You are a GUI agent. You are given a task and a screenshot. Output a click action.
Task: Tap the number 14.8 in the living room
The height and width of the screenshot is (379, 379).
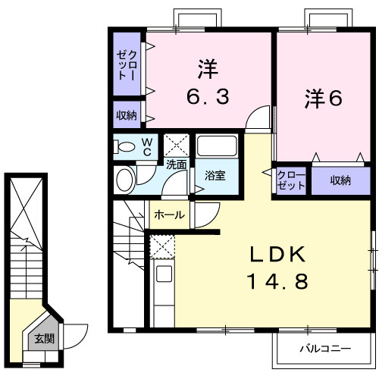click(x=277, y=282)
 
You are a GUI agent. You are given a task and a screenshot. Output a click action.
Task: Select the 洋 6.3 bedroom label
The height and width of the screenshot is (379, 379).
click(x=207, y=83)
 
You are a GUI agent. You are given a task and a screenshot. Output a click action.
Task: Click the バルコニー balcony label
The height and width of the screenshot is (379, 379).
click(x=324, y=349)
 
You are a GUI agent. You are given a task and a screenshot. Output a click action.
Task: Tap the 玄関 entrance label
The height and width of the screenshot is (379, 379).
click(x=43, y=339)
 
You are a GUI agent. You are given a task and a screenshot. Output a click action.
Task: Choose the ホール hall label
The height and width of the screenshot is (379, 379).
click(x=169, y=215)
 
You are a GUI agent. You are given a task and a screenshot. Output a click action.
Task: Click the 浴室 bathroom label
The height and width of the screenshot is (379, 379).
click(x=215, y=176)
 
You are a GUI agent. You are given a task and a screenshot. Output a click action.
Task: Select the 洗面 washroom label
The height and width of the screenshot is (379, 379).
click(x=177, y=164)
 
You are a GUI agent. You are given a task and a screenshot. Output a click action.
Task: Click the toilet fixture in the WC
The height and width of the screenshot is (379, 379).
click(x=126, y=146)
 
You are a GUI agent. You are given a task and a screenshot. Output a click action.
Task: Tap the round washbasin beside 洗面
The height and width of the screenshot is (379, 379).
click(x=125, y=180)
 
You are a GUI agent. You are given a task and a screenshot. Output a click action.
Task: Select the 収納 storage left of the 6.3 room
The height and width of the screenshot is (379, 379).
click(x=127, y=115)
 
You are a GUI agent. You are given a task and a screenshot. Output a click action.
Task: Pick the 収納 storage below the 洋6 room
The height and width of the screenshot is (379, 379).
click(x=340, y=180)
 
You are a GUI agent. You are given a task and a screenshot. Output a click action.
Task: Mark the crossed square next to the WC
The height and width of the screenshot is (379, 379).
click(x=177, y=144)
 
